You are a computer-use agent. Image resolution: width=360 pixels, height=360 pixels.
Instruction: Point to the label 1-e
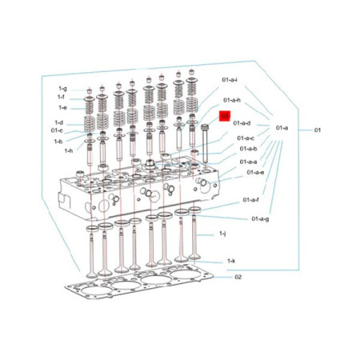pos(62,106)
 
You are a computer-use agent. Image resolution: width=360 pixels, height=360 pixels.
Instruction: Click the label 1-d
pos(58,122)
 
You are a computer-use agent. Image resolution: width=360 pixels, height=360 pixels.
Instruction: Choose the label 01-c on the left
pos(57,130)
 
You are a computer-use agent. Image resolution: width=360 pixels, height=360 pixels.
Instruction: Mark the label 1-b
pos(58,141)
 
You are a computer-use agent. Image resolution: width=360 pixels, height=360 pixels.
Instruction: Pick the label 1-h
pos(68,150)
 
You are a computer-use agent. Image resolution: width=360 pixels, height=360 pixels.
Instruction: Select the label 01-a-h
pos(232,100)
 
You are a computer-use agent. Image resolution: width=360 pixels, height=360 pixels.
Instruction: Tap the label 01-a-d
pos(242,123)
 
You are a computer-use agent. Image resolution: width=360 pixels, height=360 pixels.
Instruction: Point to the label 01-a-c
pos(246,138)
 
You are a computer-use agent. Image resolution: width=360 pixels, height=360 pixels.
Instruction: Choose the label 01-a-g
pos(260,218)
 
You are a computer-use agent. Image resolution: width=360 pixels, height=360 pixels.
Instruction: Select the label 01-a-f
pos(251,199)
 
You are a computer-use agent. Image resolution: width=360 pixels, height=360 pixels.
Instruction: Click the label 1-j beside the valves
pos(223,234)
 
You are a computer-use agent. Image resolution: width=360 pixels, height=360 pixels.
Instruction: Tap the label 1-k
pos(231,261)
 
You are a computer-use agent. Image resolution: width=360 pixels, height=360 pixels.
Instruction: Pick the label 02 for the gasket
pos(238,278)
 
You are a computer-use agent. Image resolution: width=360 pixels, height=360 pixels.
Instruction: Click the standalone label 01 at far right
pos(318,129)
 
